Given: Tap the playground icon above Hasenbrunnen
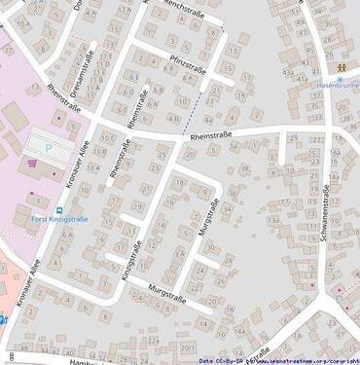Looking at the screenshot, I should pos(342,68).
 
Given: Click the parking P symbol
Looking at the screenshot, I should pos(49,148).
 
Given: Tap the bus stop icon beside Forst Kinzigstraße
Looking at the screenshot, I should pos(58,208).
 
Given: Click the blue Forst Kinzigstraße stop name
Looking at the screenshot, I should pos(61,219).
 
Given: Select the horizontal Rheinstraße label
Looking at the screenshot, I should pos(213,137).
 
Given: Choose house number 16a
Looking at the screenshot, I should pos(335,152).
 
